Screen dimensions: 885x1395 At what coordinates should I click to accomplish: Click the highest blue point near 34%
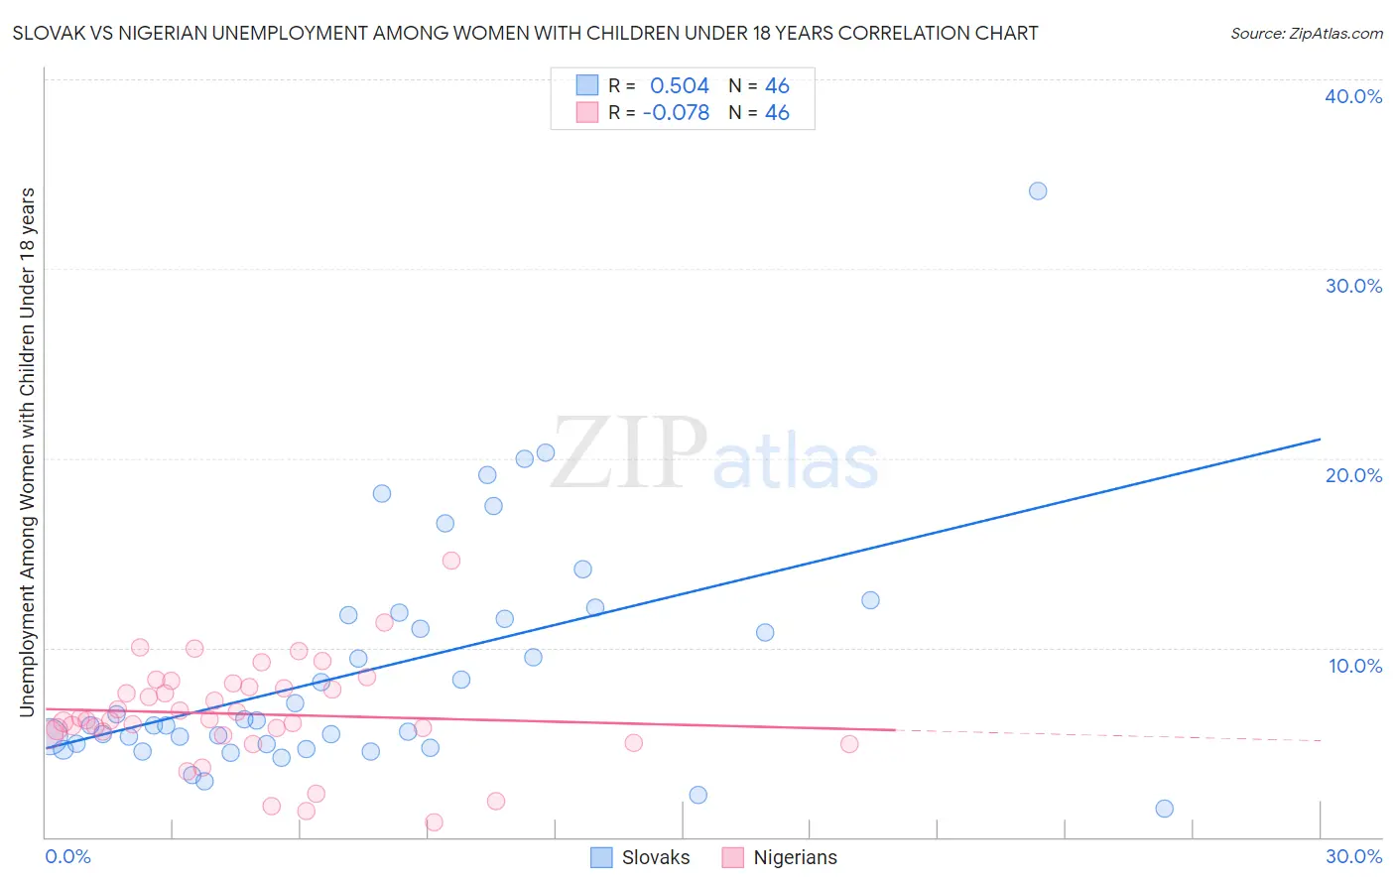click(x=1038, y=190)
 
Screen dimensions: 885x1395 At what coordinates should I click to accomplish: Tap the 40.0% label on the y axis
click(x=1353, y=96)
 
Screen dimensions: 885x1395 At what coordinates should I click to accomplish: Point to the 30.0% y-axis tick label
click(x=1353, y=286)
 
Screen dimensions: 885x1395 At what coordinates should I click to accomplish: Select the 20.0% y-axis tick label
click(x=1353, y=475)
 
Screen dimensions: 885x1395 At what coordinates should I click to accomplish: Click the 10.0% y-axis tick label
click(x=1355, y=666)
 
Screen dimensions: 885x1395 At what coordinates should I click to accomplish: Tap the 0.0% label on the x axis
click(x=67, y=856)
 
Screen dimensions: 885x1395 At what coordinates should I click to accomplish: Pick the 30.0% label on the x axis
click(x=1353, y=856)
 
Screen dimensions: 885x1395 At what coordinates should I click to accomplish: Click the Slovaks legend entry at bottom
click(x=655, y=857)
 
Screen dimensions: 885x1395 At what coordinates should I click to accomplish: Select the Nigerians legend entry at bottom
click(x=795, y=857)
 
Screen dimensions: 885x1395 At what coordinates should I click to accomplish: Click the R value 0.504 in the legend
click(x=680, y=86)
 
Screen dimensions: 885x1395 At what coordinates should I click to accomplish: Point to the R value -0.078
click(x=676, y=113)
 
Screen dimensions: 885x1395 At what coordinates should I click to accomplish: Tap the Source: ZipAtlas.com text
click(x=1306, y=33)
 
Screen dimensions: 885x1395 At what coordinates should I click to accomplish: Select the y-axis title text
click(x=27, y=451)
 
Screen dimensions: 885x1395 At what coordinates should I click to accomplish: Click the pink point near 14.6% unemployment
click(x=451, y=561)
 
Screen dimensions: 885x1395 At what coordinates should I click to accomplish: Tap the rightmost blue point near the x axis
click(x=1165, y=809)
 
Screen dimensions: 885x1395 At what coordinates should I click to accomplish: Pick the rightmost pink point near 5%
click(x=849, y=744)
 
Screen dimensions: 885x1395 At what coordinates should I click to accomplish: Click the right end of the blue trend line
click(x=1320, y=439)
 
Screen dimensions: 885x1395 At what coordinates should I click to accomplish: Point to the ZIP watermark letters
click(x=628, y=453)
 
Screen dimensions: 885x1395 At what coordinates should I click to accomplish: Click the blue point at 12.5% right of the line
click(x=870, y=600)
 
